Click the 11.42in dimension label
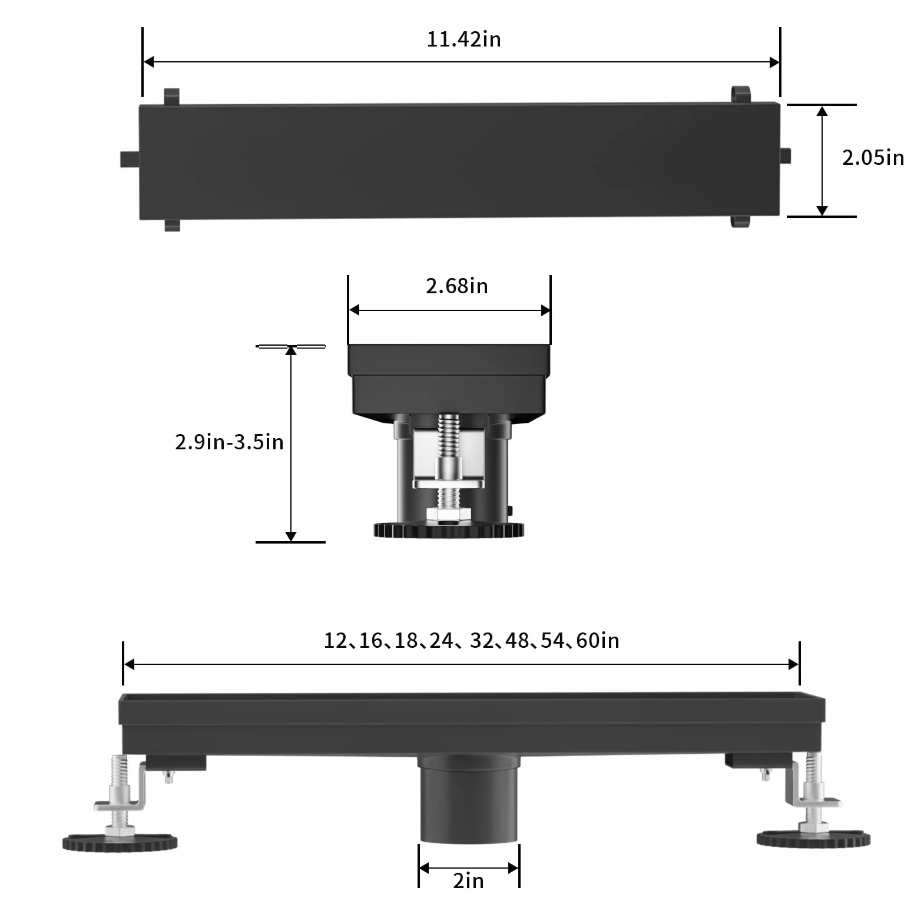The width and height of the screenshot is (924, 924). pos(464,39)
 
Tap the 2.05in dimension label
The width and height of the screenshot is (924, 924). pos(873,158)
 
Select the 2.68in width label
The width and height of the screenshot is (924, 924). pos(457,286)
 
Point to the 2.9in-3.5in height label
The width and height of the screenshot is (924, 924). pos(229,442)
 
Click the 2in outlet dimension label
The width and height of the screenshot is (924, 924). pos(469,881)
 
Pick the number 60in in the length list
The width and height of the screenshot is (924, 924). pos(598,641)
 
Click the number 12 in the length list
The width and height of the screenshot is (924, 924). pos(336,641)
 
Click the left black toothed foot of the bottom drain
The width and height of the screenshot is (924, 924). pos(120,842)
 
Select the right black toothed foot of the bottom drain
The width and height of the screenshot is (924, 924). pos(813,839)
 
